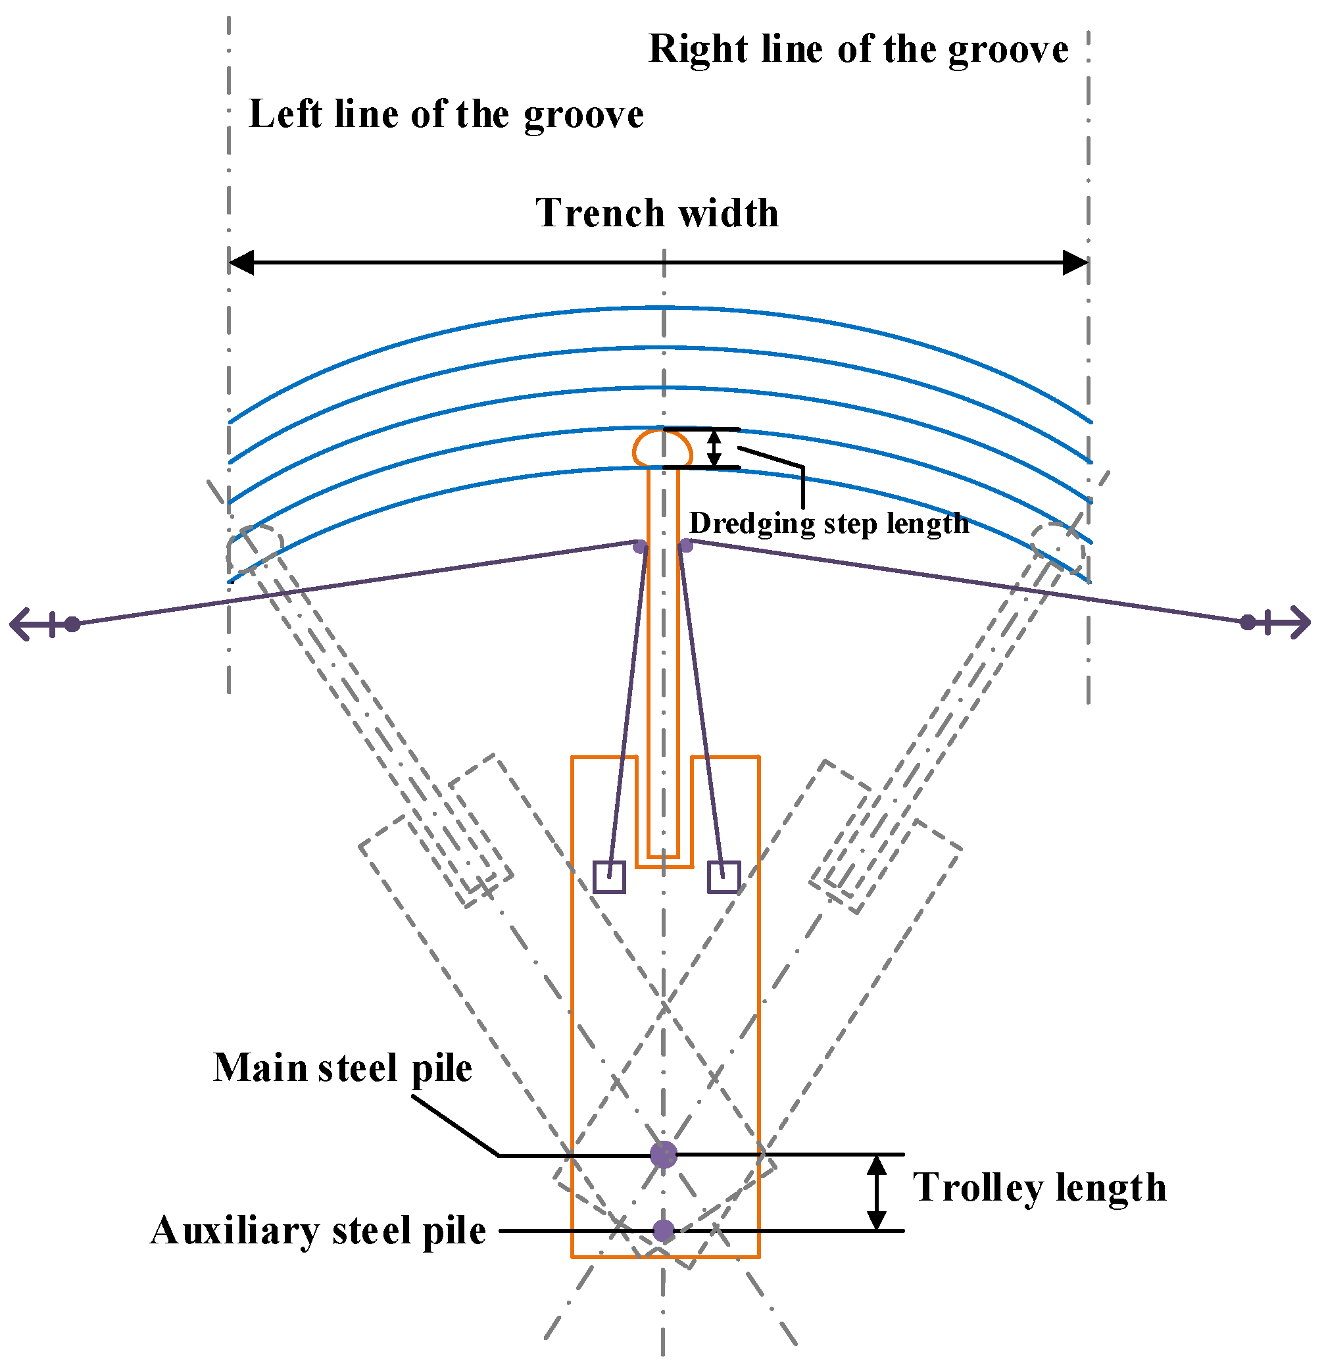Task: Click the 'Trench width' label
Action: [657, 213]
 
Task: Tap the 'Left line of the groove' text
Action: [446, 114]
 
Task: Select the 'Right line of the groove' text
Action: [858, 49]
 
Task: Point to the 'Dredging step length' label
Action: [829, 523]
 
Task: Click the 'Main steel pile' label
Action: [343, 1068]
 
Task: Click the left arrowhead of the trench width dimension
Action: [241, 263]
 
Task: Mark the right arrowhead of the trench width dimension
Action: [1075, 263]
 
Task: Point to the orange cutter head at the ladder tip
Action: [662, 447]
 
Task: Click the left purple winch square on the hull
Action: [609, 877]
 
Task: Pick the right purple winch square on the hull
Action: [724, 877]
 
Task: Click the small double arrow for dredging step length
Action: [714, 447]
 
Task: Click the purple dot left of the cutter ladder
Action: [640, 546]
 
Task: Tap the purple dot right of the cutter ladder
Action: [686, 545]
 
